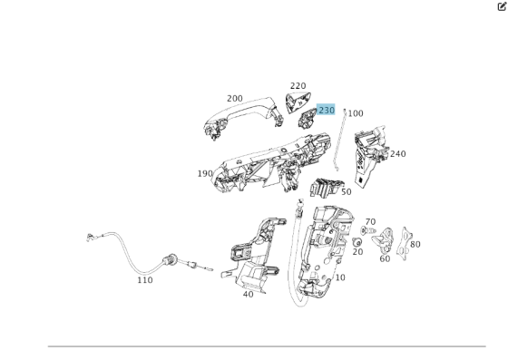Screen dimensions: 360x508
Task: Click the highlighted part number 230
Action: point(327,110)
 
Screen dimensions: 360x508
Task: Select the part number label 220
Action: point(298,86)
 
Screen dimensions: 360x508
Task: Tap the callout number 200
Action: point(235,99)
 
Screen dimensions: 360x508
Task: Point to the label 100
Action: point(356,113)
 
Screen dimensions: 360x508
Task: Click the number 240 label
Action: point(397,154)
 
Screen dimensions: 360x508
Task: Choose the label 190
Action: point(205,173)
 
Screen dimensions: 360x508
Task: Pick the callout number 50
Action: point(346,192)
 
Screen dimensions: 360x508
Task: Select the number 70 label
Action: point(370,221)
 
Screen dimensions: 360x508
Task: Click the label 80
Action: point(415,244)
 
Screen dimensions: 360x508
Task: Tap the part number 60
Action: point(385,258)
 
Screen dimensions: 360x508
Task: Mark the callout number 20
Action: point(357,252)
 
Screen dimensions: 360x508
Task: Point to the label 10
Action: point(339,277)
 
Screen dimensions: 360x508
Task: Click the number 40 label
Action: point(249,294)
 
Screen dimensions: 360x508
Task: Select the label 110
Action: point(145,280)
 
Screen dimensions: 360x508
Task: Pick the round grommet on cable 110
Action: point(167,260)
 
